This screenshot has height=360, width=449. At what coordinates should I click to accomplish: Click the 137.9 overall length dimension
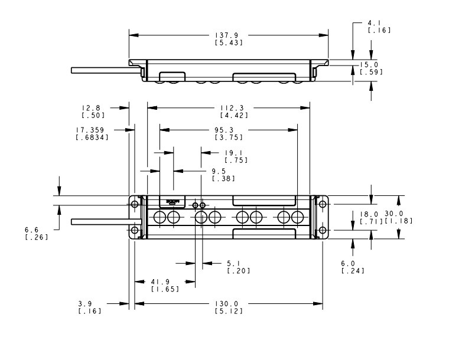[x=229, y=35]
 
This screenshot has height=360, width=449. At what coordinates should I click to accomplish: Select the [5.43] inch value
[x=229, y=42]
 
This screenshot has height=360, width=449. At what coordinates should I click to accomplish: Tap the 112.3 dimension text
[x=229, y=107]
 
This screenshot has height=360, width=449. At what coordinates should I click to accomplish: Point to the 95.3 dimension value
[x=229, y=130]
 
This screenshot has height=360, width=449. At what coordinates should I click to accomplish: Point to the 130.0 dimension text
[x=229, y=304]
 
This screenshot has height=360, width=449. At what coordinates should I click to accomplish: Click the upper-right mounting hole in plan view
[x=323, y=204]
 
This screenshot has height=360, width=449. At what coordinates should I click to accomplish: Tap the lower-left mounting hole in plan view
[x=135, y=230]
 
